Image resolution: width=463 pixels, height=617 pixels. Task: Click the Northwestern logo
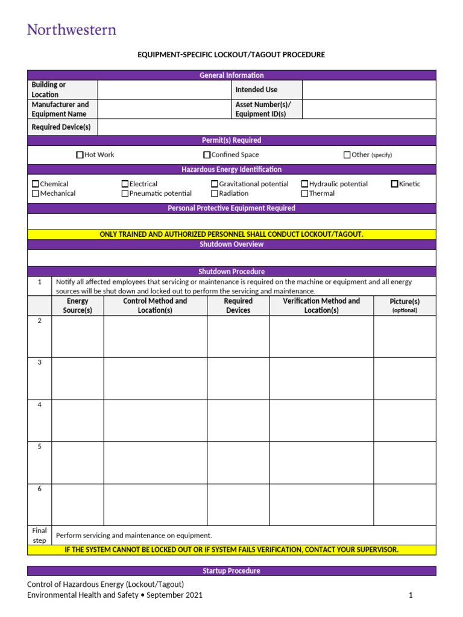pyautogui.click(x=72, y=29)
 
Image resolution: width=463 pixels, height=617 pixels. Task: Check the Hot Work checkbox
pyautogui.click(x=80, y=155)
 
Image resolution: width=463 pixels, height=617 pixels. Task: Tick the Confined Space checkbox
pyautogui.click(x=207, y=155)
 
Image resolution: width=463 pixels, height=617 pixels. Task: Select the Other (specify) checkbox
pyautogui.click(x=347, y=155)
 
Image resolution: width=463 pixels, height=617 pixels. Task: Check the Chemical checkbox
pyautogui.click(x=36, y=184)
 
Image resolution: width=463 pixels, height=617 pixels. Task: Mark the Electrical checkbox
pyautogui.click(x=125, y=184)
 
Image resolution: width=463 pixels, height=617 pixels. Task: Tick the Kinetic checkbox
pyautogui.click(x=395, y=184)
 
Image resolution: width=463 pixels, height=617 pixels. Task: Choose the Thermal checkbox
pyautogui.click(x=305, y=193)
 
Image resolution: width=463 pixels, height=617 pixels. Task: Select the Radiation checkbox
pyautogui.click(x=215, y=193)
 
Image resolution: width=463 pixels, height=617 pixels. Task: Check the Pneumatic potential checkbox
pyautogui.click(x=125, y=193)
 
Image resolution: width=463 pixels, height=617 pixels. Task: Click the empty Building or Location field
pyautogui.click(x=164, y=90)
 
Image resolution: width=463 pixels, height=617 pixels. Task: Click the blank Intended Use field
pyautogui.click(x=368, y=90)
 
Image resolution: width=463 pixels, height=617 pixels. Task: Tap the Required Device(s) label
pyautogui.click(x=61, y=127)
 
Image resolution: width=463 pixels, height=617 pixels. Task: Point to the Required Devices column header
pyautogui.click(x=238, y=305)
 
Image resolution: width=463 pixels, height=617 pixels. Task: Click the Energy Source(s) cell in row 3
pyautogui.click(x=78, y=378)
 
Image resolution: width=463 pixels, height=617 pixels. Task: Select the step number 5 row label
pyautogui.click(x=40, y=447)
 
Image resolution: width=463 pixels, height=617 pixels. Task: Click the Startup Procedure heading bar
pyautogui.click(x=231, y=571)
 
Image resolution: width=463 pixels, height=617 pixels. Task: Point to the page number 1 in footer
pyautogui.click(x=410, y=595)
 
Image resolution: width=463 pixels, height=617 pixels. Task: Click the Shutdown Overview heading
pyautogui.click(x=231, y=245)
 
